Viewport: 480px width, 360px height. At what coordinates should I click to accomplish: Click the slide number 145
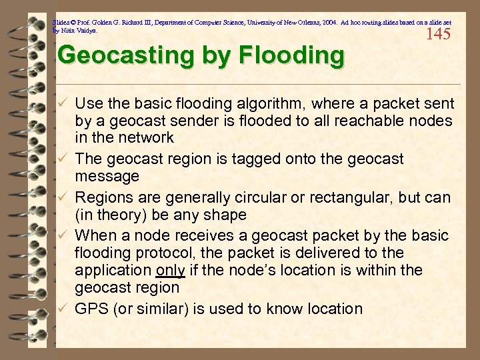click(x=438, y=34)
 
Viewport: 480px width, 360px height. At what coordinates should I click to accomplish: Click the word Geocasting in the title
click(x=117, y=55)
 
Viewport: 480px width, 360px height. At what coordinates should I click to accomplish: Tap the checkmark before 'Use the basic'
click(x=62, y=104)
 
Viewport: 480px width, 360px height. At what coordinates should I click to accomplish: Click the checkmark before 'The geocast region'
click(x=62, y=159)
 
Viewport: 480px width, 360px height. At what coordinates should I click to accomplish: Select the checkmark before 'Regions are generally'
click(x=62, y=198)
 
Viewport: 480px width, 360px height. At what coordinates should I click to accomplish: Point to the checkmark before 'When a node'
click(x=62, y=236)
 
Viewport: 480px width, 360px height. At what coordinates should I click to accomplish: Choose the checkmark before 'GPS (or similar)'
click(x=62, y=309)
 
